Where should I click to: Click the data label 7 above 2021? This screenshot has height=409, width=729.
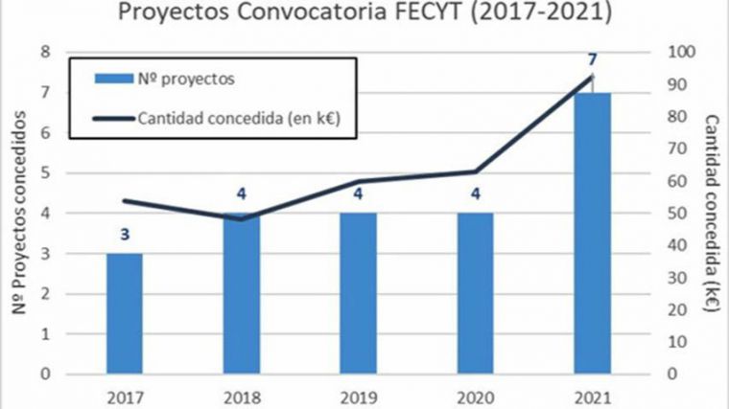[x=593, y=58]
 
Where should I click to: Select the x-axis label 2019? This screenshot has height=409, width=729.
[x=358, y=394]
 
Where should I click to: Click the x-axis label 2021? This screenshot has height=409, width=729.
[x=592, y=394]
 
